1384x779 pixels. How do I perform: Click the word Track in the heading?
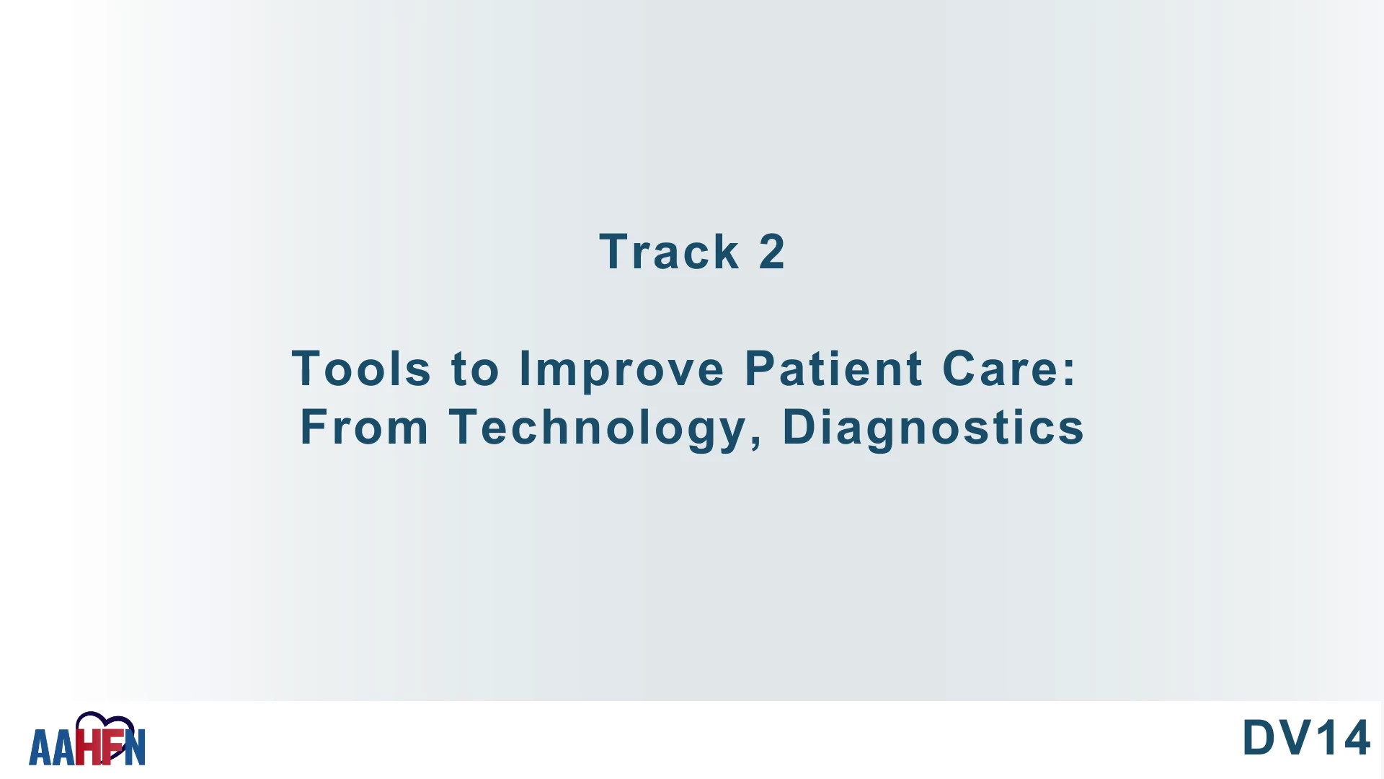pos(669,252)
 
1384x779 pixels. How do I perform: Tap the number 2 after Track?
pos(771,252)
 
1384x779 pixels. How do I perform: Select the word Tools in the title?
pos(361,368)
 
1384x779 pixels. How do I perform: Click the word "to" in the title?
pos(474,369)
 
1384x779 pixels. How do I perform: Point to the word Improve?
pos(621,370)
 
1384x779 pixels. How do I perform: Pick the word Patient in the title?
pos(833,368)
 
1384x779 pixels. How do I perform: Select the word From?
pos(364,426)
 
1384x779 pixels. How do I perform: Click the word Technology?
pos(598,428)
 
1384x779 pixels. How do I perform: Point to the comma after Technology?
pos(755,440)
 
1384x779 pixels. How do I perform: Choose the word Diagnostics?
pos(933,428)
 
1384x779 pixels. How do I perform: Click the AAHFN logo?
pos(87,739)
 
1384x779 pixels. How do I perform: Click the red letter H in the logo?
pos(89,747)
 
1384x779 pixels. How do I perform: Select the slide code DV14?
pos(1305,738)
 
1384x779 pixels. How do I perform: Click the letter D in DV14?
pos(1259,738)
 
